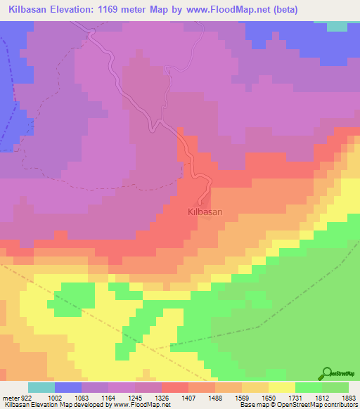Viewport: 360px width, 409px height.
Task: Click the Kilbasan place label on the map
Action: (x=205, y=211)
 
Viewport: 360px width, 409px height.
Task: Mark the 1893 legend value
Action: (x=347, y=398)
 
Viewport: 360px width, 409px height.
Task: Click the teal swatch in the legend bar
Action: (x=41, y=387)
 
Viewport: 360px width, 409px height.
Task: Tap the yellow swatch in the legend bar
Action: (x=282, y=387)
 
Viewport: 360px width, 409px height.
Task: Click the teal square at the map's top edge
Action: (x=337, y=26)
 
